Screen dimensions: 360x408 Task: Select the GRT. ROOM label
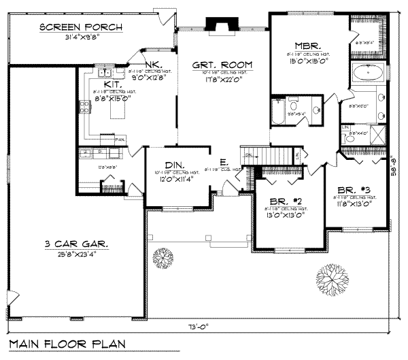point(222,65)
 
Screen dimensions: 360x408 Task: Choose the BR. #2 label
point(281,202)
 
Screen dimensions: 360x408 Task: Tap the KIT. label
point(113,84)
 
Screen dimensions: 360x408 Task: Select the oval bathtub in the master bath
point(368,72)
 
